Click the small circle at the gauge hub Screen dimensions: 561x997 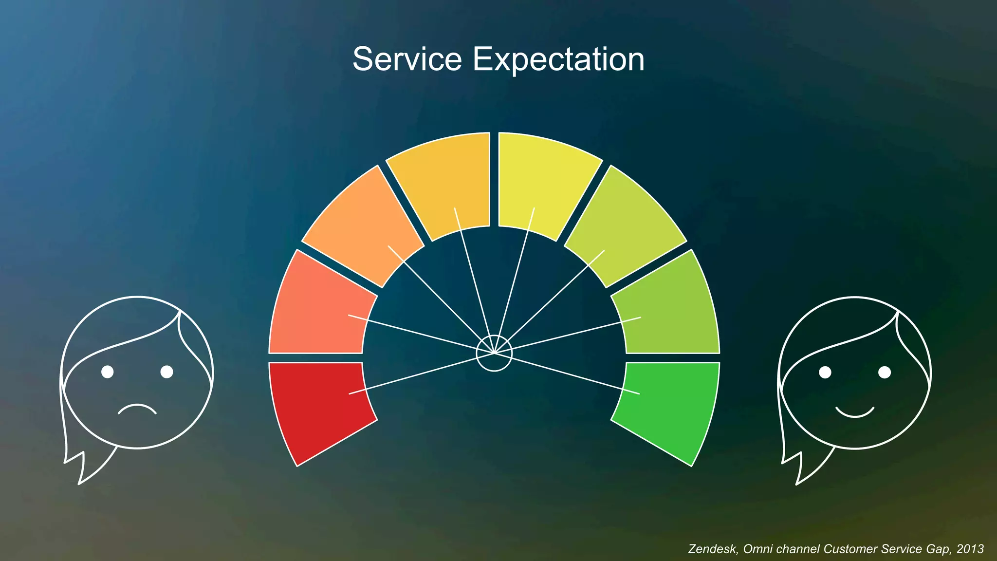pyautogui.click(x=494, y=353)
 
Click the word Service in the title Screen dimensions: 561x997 pyautogui.click(x=407, y=59)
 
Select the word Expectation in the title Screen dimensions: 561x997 pyautogui.click(x=559, y=59)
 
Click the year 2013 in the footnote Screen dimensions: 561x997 pyautogui.click(x=970, y=549)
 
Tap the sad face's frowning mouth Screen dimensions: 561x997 pyautogui.click(x=137, y=408)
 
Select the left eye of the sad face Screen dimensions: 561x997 pyautogui.click(x=108, y=372)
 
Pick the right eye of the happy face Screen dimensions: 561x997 pyautogui.click(x=885, y=373)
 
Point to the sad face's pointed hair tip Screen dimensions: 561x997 pyautogui.click(x=79, y=482)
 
